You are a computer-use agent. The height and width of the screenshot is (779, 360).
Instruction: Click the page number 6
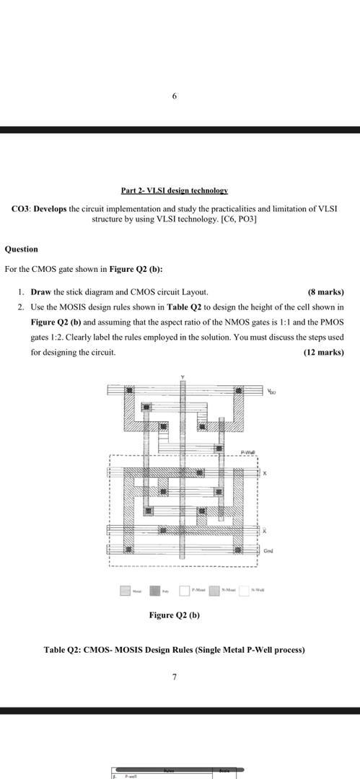point(174,95)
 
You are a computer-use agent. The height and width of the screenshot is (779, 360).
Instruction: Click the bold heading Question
point(21,249)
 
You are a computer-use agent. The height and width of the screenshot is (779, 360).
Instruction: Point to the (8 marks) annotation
point(325,292)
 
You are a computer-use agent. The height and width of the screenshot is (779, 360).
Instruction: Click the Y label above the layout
point(183,378)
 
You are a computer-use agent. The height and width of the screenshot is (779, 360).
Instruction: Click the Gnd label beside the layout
point(268,551)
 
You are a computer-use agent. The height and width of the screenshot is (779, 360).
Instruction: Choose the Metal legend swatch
point(126,591)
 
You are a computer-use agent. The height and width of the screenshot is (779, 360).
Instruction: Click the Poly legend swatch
point(155,591)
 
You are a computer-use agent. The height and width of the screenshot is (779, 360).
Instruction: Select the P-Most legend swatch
point(185,591)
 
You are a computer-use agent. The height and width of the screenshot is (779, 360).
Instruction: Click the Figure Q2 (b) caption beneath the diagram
point(174,615)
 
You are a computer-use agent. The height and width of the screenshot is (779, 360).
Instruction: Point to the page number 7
point(174,677)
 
